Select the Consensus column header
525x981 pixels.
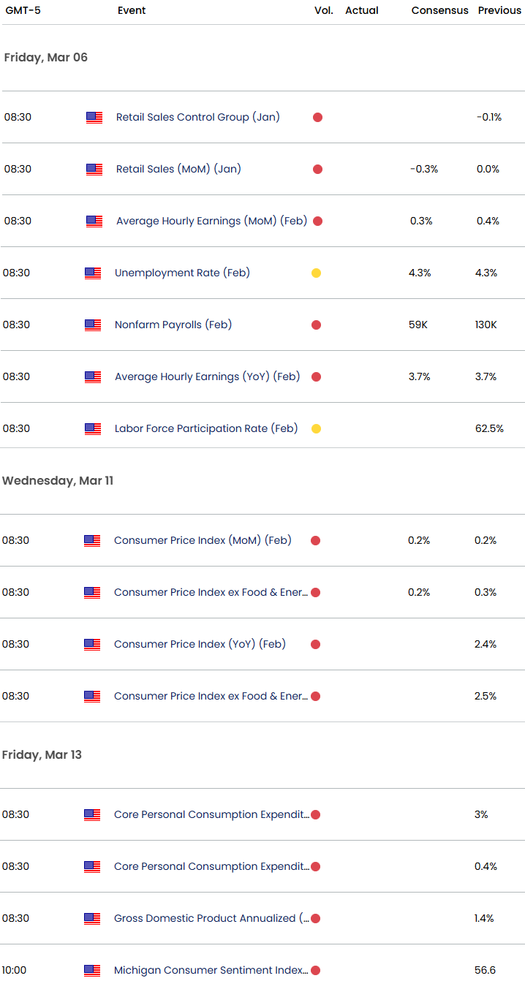coord(439,10)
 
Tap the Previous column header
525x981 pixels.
coord(499,10)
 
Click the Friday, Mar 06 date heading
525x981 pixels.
coord(45,57)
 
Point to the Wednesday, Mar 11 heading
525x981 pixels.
coord(58,480)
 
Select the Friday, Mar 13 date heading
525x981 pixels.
coord(42,754)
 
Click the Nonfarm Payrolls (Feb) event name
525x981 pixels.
coord(173,325)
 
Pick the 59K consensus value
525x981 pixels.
coord(418,325)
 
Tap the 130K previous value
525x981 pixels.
coord(486,325)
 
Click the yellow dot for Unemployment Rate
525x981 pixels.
coord(316,273)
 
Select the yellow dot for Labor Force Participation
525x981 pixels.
coord(316,428)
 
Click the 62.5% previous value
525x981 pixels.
coord(489,428)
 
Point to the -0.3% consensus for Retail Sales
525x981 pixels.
coord(424,169)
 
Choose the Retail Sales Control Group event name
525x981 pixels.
coord(197,117)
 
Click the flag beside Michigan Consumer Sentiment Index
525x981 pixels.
coord(92,970)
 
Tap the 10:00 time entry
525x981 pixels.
coord(15,970)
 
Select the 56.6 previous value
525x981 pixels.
coord(486,970)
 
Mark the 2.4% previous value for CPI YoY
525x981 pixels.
coord(486,644)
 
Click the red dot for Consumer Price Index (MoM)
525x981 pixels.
coord(315,540)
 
